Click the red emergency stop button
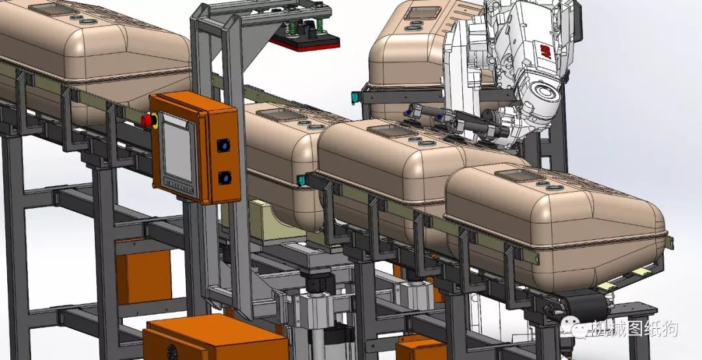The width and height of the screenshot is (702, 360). (x=146, y=120)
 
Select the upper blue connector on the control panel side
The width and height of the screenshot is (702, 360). (x=223, y=145)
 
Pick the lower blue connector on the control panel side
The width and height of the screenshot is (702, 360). (x=224, y=178)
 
